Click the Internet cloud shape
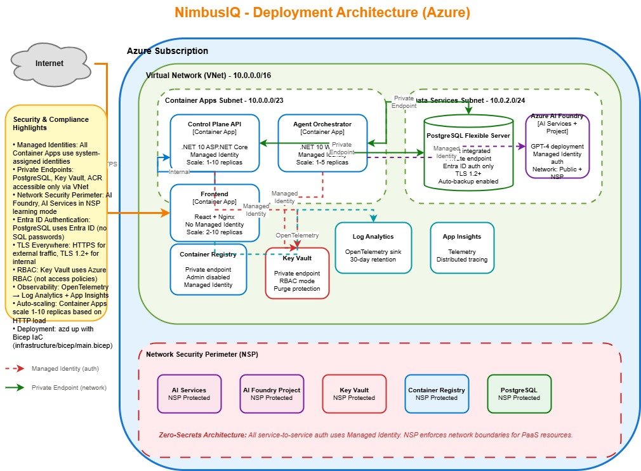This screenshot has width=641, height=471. click(x=50, y=63)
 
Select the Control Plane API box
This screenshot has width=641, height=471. click(x=215, y=142)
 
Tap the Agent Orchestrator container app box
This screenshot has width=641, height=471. click(x=322, y=142)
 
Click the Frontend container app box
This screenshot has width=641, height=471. click(x=215, y=213)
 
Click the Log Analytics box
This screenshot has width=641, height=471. click(x=373, y=248)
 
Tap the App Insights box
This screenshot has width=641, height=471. click(x=461, y=248)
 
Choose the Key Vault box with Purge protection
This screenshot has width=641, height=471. click(x=297, y=273)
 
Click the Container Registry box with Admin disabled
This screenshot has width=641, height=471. click(x=208, y=269)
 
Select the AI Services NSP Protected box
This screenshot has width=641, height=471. click(x=188, y=394)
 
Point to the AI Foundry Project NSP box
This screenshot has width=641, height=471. click(x=272, y=394)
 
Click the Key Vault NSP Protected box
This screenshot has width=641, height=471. click(x=354, y=394)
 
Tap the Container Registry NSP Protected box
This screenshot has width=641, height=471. click(x=436, y=394)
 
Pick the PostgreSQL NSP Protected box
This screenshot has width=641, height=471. click(x=519, y=394)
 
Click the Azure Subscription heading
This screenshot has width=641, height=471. click(x=168, y=51)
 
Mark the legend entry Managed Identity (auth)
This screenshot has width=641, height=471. click(x=65, y=368)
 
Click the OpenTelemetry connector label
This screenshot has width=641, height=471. click(x=297, y=235)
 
